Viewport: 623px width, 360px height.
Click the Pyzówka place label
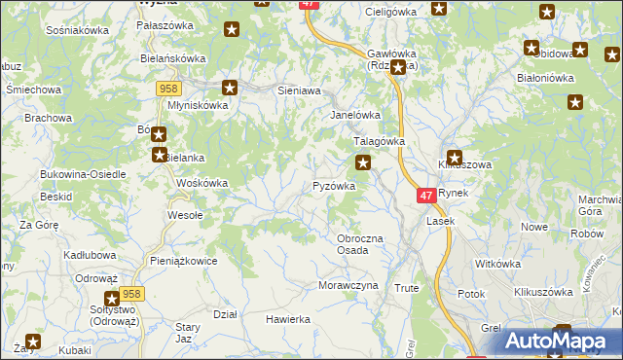(x=333, y=185)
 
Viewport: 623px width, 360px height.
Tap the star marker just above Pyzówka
(x=363, y=162)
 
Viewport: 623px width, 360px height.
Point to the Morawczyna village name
(x=347, y=286)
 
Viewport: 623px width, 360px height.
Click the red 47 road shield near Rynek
(x=426, y=196)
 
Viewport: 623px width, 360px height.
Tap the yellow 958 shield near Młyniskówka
(x=166, y=89)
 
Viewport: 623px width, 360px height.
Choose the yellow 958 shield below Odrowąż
(x=133, y=293)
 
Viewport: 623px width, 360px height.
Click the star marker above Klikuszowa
(x=455, y=157)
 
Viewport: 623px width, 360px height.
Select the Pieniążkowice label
(x=183, y=261)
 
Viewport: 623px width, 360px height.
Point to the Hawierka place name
(x=288, y=319)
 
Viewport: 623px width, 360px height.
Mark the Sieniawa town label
(x=299, y=90)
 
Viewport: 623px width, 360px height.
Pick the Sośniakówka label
(x=77, y=30)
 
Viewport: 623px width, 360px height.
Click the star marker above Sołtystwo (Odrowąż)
(x=112, y=299)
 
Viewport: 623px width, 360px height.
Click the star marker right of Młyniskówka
(x=230, y=87)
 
